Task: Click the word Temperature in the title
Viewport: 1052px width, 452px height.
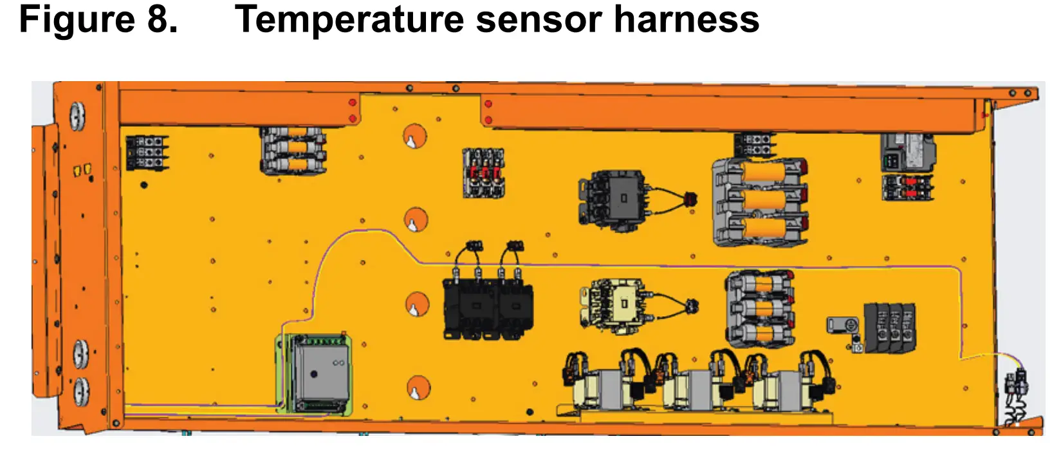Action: (349, 19)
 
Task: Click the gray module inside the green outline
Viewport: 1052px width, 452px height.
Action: (320, 373)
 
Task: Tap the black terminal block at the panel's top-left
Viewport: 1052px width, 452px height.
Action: (147, 153)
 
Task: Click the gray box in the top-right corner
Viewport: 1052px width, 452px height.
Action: (907, 151)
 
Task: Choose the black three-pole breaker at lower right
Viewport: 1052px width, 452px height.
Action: (890, 327)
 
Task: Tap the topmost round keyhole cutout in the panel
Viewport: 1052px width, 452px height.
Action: (415, 137)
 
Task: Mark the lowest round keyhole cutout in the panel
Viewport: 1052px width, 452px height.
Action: (418, 388)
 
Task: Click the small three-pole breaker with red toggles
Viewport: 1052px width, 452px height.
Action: (484, 173)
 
